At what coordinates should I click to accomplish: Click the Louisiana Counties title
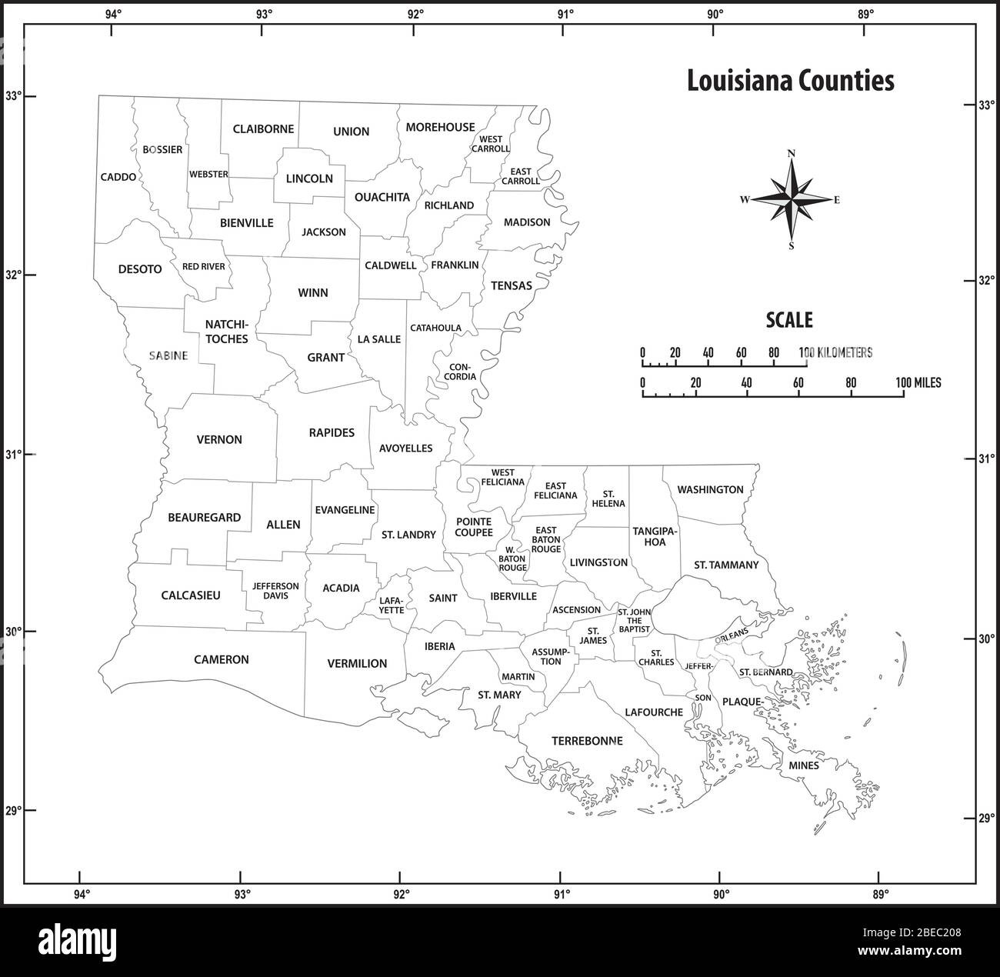click(x=790, y=81)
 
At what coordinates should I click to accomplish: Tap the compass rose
click(x=792, y=199)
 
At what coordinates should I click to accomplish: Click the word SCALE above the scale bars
click(x=788, y=320)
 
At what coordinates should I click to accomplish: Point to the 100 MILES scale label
click(x=918, y=382)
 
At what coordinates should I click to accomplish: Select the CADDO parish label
click(x=118, y=177)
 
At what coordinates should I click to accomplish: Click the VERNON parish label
click(x=219, y=440)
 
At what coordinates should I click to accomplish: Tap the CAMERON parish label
click(x=222, y=659)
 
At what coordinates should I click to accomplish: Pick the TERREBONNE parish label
click(x=587, y=741)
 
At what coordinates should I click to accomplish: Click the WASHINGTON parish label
click(x=710, y=489)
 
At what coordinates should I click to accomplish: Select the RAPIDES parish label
click(x=332, y=432)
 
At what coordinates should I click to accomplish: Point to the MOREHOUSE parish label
click(x=441, y=127)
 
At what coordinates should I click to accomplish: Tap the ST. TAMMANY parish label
click(x=726, y=565)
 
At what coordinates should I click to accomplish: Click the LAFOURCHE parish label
click(x=654, y=712)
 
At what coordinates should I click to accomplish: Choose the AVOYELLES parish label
click(x=405, y=448)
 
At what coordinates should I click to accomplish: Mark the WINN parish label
click(x=313, y=292)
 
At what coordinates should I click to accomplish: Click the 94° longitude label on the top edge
click(x=114, y=13)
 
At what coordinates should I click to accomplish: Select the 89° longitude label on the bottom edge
click(x=881, y=894)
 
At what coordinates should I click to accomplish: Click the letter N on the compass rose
click(x=792, y=152)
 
